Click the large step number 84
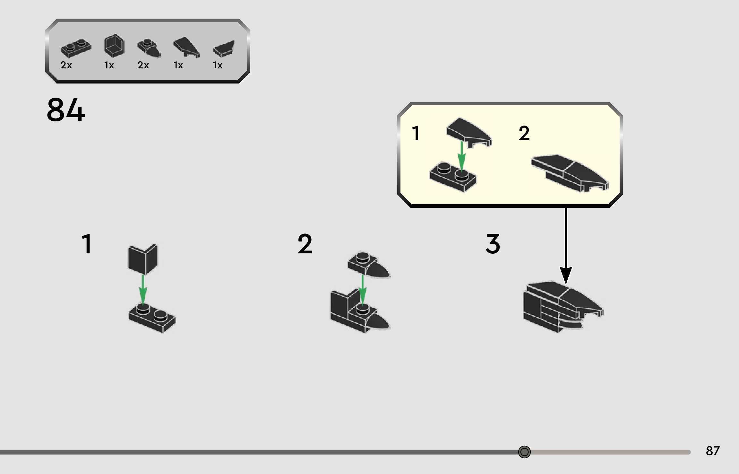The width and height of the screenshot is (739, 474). (x=66, y=110)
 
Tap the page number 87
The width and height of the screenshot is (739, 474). (x=712, y=451)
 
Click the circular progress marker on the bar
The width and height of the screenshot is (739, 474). (x=524, y=452)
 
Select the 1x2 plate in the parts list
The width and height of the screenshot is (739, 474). (x=76, y=48)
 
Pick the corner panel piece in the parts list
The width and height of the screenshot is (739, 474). (x=114, y=46)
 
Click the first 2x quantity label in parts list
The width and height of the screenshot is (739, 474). (x=66, y=65)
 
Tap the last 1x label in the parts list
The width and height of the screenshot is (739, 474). (x=217, y=65)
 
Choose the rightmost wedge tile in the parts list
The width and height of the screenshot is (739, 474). (x=224, y=49)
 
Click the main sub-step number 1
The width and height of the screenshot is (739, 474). (x=87, y=244)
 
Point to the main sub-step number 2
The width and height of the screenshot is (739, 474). (x=305, y=244)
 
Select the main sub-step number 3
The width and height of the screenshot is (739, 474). (x=493, y=244)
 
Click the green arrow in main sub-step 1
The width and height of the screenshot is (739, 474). (x=143, y=289)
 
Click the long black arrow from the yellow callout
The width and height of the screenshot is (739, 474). (x=566, y=244)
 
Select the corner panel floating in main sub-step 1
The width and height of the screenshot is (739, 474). (x=143, y=259)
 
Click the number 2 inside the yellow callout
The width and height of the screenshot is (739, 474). (x=524, y=133)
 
